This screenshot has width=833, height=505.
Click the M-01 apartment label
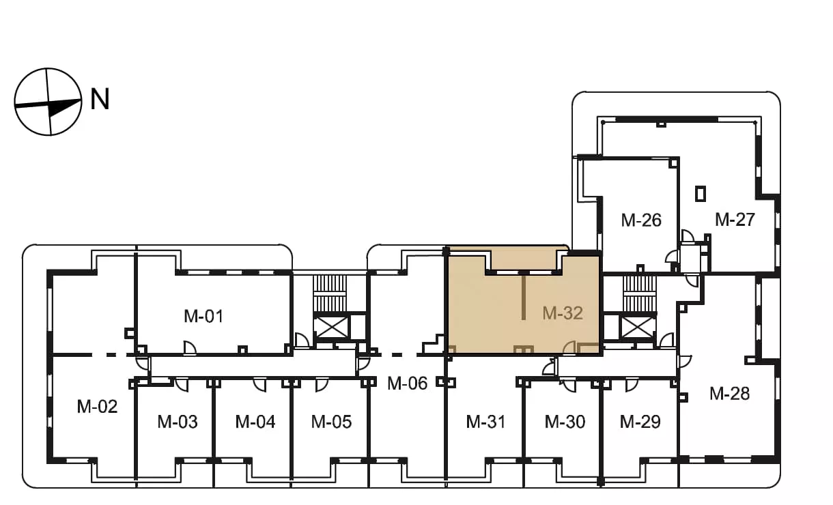(x=203, y=316)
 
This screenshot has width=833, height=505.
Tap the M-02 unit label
(x=97, y=407)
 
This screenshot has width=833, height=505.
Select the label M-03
(x=178, y=422)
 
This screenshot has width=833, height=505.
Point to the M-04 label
(x=255, y=422)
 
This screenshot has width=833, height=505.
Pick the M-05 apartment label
(x=331, y=422)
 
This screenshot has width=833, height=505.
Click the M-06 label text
(x=407, y=383)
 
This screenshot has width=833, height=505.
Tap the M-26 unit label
(x=641, y=220)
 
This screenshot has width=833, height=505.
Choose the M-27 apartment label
(x=735, y=219)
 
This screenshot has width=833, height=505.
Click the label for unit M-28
(x=729, y=394)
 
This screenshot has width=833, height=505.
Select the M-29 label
(x=640, y=422)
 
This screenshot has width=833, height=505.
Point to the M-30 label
(x=565, y=422)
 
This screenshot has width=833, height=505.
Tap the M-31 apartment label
(x=485, y=422)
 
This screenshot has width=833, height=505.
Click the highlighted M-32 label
(x=563, y=313)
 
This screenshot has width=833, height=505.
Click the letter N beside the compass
(x=100, y=99)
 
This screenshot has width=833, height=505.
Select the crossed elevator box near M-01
(x=331, y=327)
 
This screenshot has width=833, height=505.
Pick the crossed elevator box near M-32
(x=638, y=327)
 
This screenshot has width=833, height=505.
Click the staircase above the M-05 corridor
(x=330, y=294)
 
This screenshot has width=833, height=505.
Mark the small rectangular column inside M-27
(x=701, y=194)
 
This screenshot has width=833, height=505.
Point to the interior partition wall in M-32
(x=524, y=298)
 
